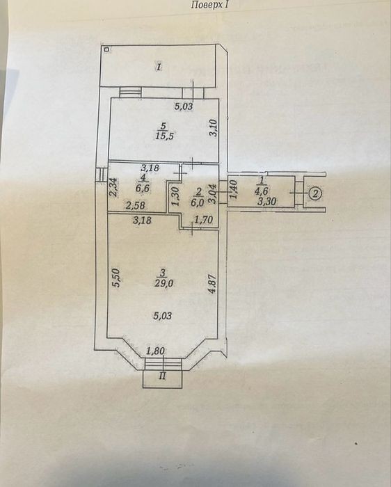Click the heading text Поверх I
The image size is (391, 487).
212,5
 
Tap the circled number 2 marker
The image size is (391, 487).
316,193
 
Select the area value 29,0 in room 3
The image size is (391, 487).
164,283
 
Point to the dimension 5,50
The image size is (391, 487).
116,278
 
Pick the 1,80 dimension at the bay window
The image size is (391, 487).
155,351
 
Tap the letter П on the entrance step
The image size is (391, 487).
162,376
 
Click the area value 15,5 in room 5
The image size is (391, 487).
163,136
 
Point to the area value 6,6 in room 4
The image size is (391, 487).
143,189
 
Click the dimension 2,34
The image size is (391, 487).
113,187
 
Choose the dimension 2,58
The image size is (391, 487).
135,205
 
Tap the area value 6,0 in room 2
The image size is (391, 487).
198,202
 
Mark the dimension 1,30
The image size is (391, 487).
175,197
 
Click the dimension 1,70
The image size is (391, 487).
203,221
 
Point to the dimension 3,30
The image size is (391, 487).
266,202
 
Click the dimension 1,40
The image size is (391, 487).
233,189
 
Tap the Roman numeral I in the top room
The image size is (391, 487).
159,67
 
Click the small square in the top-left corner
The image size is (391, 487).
107,49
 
